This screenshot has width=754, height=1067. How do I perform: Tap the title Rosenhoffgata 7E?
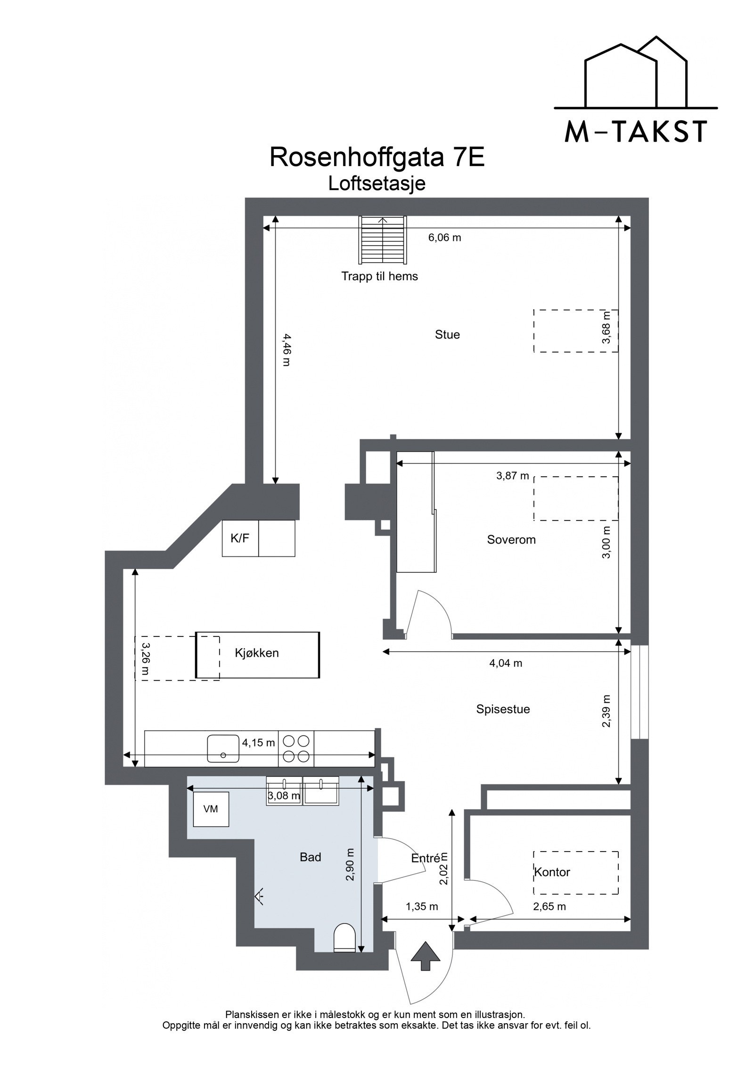point(377,157)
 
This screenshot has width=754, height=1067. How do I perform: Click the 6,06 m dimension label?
point(444,238)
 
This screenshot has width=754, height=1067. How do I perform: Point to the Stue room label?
point(447,335)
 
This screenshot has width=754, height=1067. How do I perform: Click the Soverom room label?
point(511,539)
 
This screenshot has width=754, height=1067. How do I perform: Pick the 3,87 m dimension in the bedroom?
point(512,476)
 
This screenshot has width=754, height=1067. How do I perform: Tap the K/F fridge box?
point(240,538)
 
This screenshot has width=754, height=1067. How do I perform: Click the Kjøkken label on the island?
point(257,653)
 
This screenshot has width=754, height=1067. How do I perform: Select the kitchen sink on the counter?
point(223,748)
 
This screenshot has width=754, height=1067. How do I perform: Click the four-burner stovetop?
point(296,748)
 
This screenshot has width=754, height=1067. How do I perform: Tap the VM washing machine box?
point(211,809)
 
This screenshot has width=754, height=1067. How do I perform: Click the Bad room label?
point(310,857)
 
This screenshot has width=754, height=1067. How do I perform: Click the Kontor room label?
point(552,872)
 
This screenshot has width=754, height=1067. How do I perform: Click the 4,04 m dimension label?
point(506,663)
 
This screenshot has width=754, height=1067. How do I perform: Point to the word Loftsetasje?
point(377,183)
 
